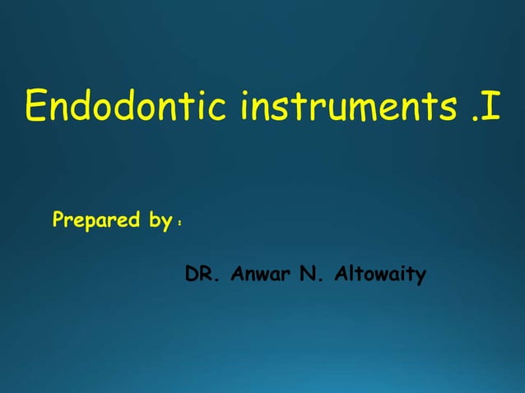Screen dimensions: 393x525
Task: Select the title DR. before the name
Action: (x=202, y=274)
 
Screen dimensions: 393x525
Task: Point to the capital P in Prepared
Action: (x=58, y=220)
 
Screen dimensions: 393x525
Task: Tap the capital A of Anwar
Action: (x=237, y=274)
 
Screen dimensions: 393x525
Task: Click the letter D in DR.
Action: (x=193, y=274)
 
